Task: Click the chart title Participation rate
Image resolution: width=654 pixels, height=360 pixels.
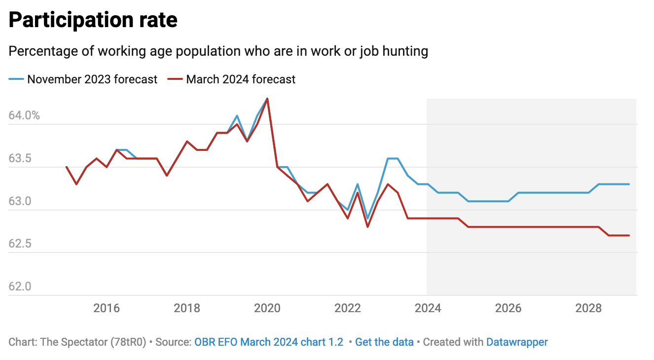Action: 93,20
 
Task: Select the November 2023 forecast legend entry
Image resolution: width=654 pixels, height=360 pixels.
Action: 92,79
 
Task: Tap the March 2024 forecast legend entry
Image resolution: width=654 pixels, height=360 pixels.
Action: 240,79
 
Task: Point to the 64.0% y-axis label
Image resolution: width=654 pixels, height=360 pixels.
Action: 24,116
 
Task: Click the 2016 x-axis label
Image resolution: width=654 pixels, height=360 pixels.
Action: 107,309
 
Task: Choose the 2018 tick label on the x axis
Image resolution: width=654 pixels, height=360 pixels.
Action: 187,309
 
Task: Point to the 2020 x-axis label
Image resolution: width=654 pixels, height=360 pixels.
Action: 267,309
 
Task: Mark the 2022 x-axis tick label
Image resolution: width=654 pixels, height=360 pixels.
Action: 348,309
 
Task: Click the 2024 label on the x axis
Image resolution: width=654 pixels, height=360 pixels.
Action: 428,309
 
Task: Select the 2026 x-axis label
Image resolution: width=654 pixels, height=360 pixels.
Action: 509,309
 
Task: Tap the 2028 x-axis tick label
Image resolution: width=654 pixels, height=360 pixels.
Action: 589,309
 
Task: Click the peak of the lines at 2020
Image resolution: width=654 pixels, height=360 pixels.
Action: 267,99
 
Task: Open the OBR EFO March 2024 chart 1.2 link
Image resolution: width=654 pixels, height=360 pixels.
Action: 269,342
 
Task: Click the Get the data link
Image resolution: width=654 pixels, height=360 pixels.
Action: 384,342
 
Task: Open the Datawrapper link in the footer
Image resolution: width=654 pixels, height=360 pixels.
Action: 517,342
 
